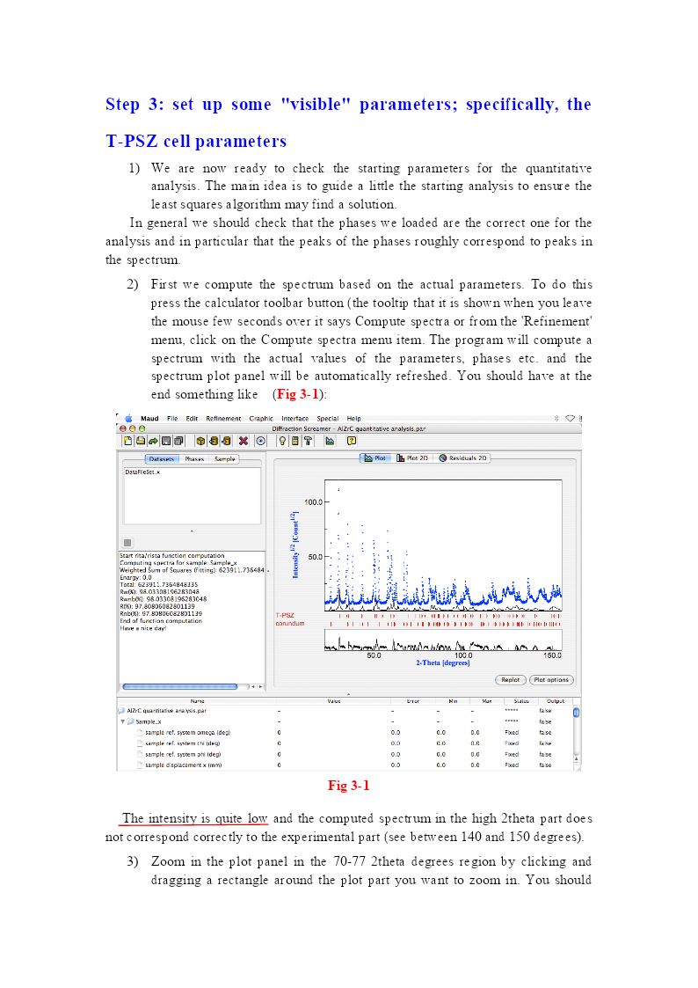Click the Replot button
[x=511, y=679]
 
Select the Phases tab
[x=194, y=459]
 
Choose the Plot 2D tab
[x=412, y=458]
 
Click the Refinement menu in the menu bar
[x=223, y=419]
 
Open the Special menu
[x=328, y=419]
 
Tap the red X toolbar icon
[x=244, y=441]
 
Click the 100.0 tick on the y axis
[x=314, y=501]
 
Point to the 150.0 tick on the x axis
[x=552, y=655]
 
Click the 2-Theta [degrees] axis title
[x=443, y=663]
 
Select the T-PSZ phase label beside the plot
[x=284, y=616]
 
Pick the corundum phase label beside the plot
[x=289, y=624]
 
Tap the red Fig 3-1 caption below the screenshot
[x=349, y=786]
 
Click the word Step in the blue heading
[x=123, y=105]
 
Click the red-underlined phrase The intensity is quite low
[x=195, y=818]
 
